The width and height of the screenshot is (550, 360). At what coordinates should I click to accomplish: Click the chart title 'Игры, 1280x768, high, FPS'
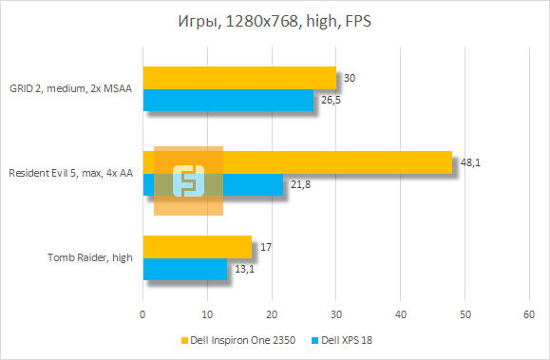[x=275, y=22]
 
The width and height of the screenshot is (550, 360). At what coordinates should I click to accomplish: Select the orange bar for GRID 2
[x=239, y=78]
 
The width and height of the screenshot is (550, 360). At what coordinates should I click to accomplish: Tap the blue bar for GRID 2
[x=228, y=100]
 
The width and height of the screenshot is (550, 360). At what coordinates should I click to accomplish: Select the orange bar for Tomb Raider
[x=198, y=247]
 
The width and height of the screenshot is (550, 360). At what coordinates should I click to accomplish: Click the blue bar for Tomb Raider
[x=185, y=270]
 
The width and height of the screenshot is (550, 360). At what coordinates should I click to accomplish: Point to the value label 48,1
[x=470, y=163]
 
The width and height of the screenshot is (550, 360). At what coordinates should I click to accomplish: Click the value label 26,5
[x=331, y=100]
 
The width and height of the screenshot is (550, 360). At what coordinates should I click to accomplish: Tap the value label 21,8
[x=300, y=184]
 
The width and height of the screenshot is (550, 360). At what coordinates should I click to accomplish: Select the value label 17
[x=266, y=247]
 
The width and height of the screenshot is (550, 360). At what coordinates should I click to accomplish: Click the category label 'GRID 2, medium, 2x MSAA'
[x=72, y=89]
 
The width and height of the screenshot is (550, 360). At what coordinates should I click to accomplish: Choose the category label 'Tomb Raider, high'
[x=90, y=257]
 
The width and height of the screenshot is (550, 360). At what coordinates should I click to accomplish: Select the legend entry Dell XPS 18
[x=354, y=339]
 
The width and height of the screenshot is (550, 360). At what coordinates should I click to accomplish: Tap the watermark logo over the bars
[x=188, y=180]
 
